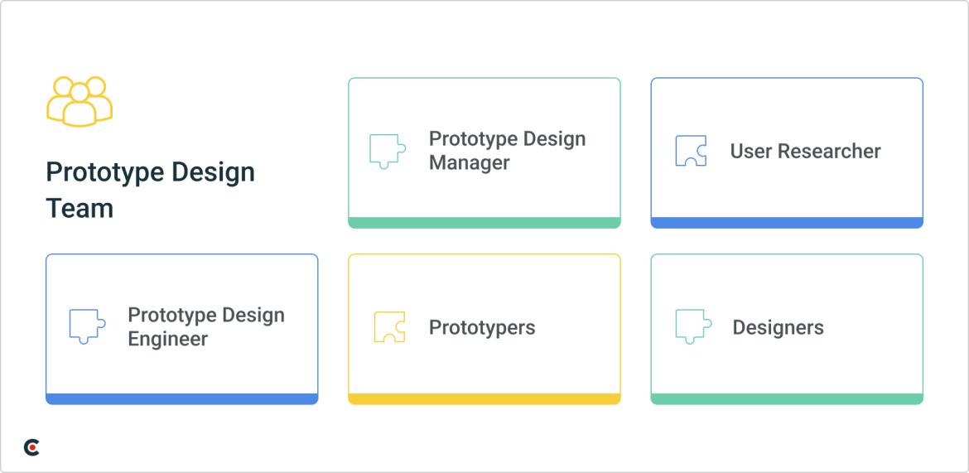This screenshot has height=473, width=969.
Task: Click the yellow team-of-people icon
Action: coord(80,101)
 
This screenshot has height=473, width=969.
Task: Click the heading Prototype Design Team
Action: coord(150,190)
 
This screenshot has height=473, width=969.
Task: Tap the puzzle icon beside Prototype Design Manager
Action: coord(387,151)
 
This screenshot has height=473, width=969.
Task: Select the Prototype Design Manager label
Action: coord(507,151)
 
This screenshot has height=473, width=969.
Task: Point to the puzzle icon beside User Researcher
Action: coord(691,151)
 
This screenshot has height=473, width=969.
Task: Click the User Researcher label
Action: coord(805,152)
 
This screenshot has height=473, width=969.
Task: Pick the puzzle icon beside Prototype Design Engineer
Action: coord(87,326)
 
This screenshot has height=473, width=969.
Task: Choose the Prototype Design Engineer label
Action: coord(205,327)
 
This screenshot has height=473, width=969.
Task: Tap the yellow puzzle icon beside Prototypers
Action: coord(389,326)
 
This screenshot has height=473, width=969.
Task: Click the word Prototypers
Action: coord(482,327)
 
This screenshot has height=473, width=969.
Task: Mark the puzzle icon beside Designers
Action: coord(693,326)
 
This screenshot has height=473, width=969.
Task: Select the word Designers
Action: coord(778,328)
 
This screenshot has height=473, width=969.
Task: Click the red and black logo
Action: coord(31,447)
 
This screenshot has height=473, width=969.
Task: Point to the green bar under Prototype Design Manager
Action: coord(484,223)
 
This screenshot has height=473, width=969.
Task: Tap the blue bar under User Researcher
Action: coord(787,223)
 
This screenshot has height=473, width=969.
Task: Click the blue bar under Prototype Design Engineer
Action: coord(181,399)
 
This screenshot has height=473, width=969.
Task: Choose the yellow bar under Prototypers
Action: coord(484,399)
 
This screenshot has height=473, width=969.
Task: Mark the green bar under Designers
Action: coord(787,399)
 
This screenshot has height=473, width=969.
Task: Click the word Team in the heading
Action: coord(80,208)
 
